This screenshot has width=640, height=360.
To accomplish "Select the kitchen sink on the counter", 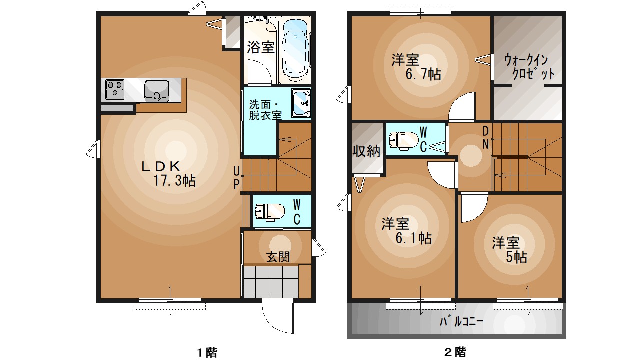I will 157,90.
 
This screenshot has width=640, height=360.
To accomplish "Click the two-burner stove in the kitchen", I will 115,90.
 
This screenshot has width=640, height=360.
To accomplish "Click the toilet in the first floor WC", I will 268,212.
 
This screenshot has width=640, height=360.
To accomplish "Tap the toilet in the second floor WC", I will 403,140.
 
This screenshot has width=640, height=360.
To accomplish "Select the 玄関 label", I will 277,257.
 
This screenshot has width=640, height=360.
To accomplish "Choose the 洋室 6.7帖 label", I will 415,67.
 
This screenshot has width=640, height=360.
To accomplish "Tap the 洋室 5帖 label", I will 509,250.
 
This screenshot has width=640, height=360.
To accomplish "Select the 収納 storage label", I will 367,151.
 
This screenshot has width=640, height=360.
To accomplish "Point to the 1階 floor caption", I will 206,352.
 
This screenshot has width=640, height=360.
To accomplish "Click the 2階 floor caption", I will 455,352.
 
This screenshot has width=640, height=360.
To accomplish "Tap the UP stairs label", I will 237,178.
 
